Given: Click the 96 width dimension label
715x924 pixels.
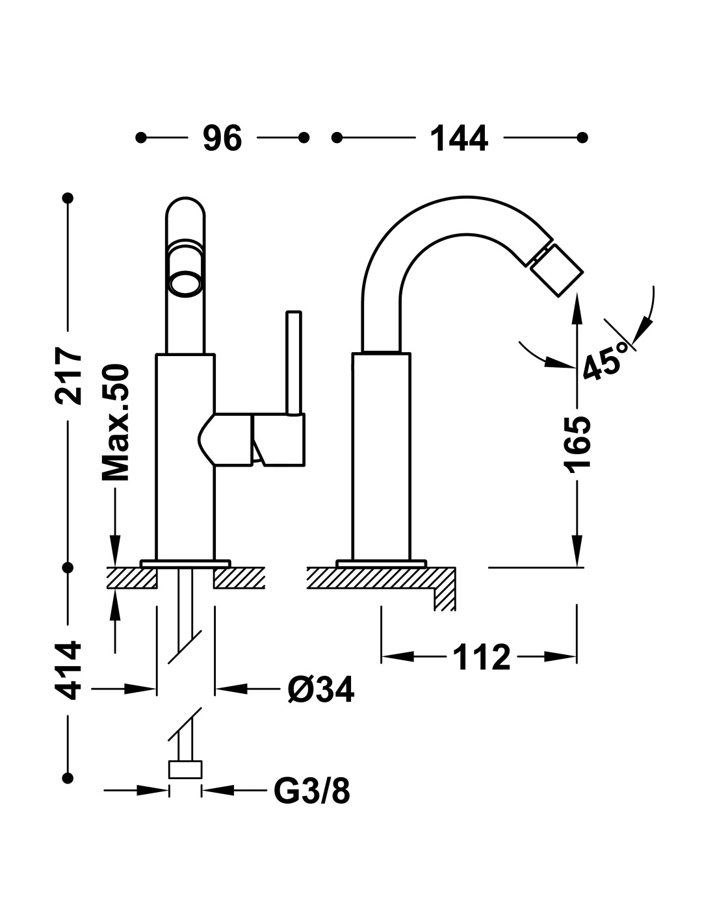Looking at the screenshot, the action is pos(222,138).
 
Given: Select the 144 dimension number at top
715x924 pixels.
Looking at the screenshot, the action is pos(459,138).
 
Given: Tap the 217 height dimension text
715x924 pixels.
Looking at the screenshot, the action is pos(68,375).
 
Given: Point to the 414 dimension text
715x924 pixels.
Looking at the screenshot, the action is pos(68,676).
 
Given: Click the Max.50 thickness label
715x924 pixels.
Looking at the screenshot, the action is pos(115,422).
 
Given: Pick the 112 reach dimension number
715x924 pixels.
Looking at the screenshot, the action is pos(482,656).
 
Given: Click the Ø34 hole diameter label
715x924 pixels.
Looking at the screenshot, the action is pos(320,689).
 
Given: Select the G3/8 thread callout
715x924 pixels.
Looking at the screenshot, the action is pos(312,791).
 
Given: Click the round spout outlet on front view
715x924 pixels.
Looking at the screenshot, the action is pos(185,283).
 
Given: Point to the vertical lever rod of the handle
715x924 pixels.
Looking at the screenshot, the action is pos(294,363).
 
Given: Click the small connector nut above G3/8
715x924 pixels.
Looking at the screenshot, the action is pos(185,769).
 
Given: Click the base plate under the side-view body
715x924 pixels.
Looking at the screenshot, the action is pos(381,563).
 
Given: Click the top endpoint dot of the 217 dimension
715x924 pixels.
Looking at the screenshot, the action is pos(68,198).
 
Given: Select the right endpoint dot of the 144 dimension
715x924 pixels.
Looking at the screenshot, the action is pos(582,138).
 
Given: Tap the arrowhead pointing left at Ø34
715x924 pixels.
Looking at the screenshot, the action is pos(231,688).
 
